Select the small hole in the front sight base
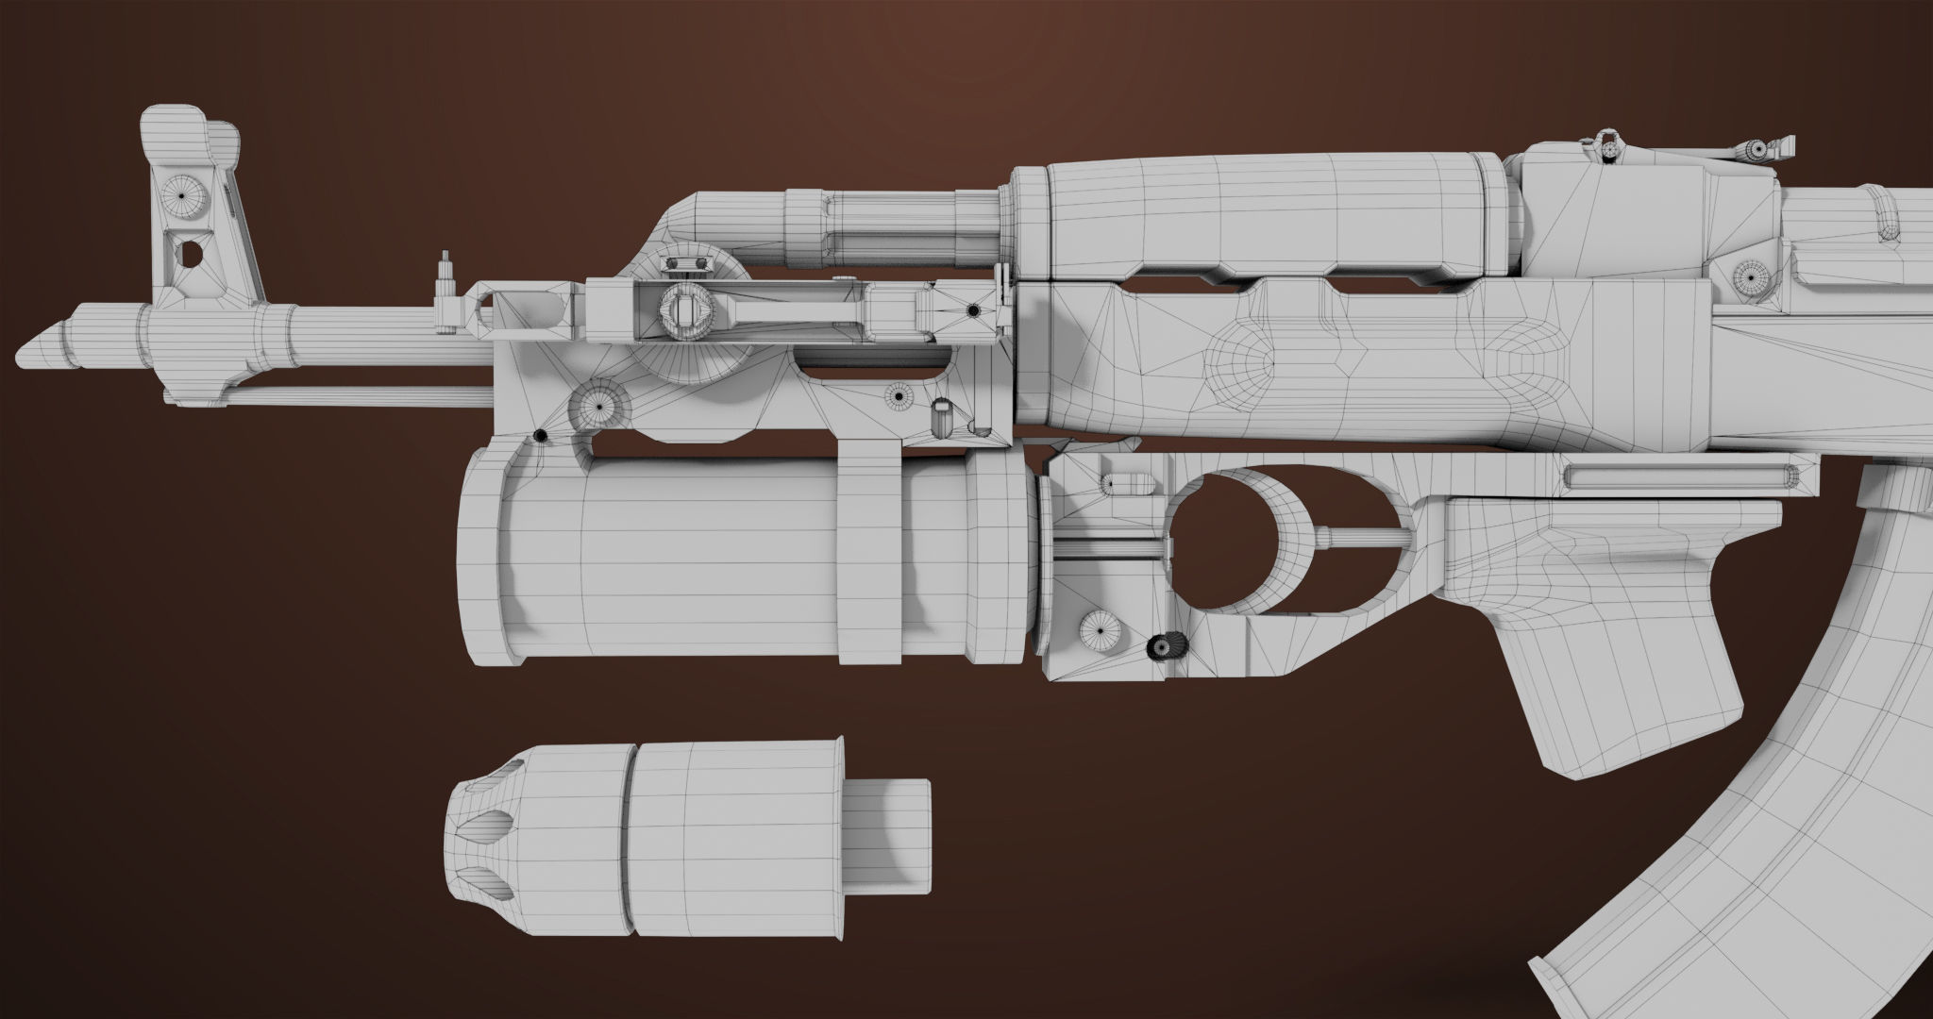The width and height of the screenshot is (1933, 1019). pyautogui.click(x=189, y=252)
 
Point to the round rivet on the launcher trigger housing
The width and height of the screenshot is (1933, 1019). pyautogui.click(x=1101, y=628)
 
